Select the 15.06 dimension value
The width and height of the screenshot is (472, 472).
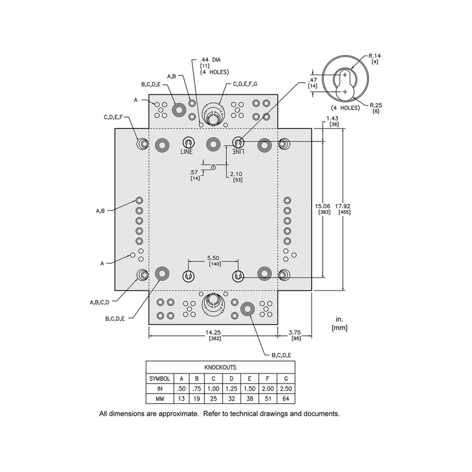[324, 206]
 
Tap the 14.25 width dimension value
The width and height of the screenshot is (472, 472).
[213, 332]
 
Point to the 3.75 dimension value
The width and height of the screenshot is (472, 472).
[295, 332]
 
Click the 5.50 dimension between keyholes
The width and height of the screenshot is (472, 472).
[214, 258]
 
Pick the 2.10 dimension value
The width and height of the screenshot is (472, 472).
[236, 173]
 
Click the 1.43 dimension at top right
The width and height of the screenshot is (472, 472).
[332, 118]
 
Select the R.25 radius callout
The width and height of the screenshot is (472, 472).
[376, 105]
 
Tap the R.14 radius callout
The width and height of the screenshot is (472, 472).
[374, 56]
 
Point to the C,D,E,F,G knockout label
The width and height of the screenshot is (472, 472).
[245, 84]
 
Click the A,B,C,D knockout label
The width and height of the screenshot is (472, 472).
[99, 302]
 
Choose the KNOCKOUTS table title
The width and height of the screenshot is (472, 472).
[220, 367]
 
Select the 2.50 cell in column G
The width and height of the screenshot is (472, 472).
[286, 389]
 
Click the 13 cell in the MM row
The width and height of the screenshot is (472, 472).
[181, 398]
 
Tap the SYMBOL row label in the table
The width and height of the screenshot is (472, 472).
[160, 379]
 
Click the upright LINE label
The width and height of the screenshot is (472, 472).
[187, 152]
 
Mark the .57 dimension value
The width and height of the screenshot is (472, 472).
[194, 172]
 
